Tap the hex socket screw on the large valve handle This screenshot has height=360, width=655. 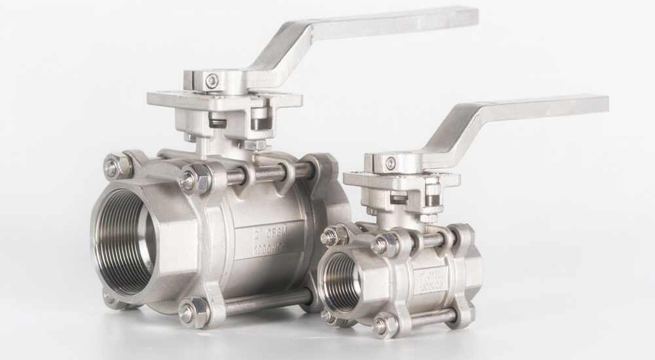coord(210,81)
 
